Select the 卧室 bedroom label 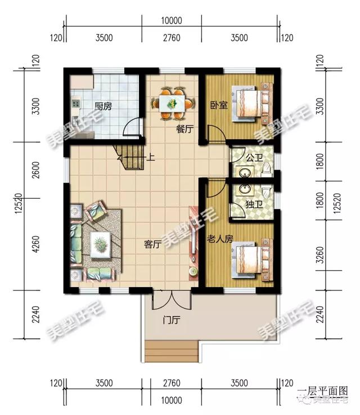coord(219,105)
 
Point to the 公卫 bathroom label coord(254,151)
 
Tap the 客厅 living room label coord(153,245)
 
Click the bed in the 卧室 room coord(251,104)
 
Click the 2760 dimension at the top coord(171,39)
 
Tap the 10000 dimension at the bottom coord(171,399)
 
